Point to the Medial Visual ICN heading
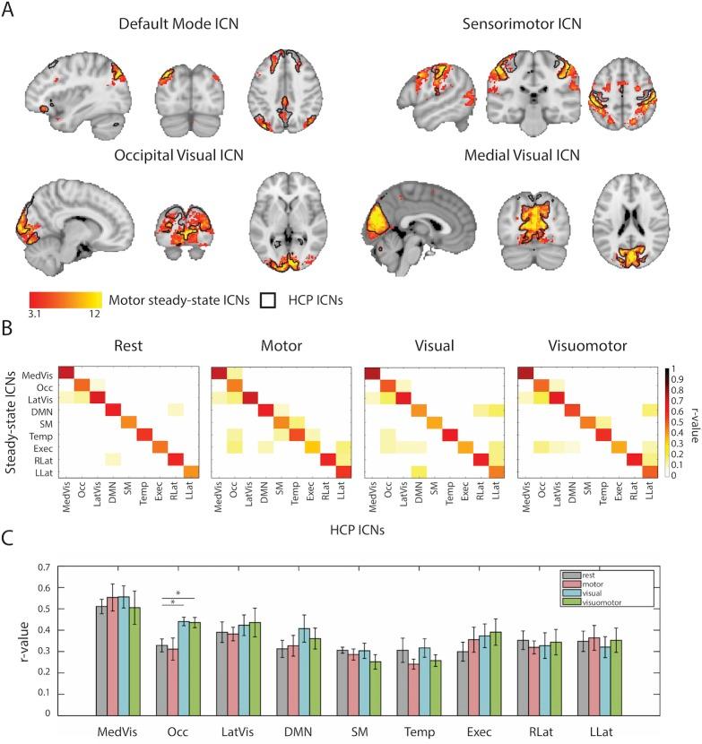pos(522,154)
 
